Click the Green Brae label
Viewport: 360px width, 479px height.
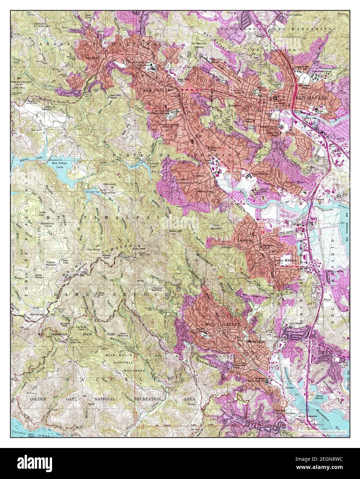[293, 182]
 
